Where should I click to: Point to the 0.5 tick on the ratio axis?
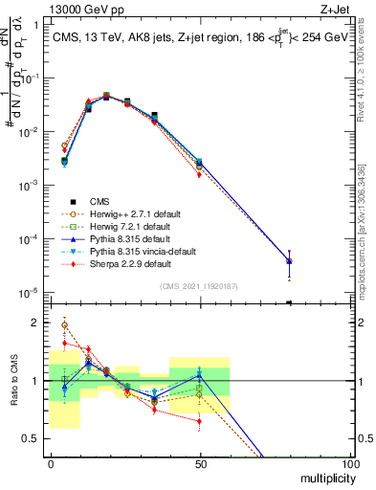(33, 439)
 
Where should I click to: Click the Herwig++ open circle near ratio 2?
(64, 325)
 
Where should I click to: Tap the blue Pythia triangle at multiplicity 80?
(289, 260)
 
